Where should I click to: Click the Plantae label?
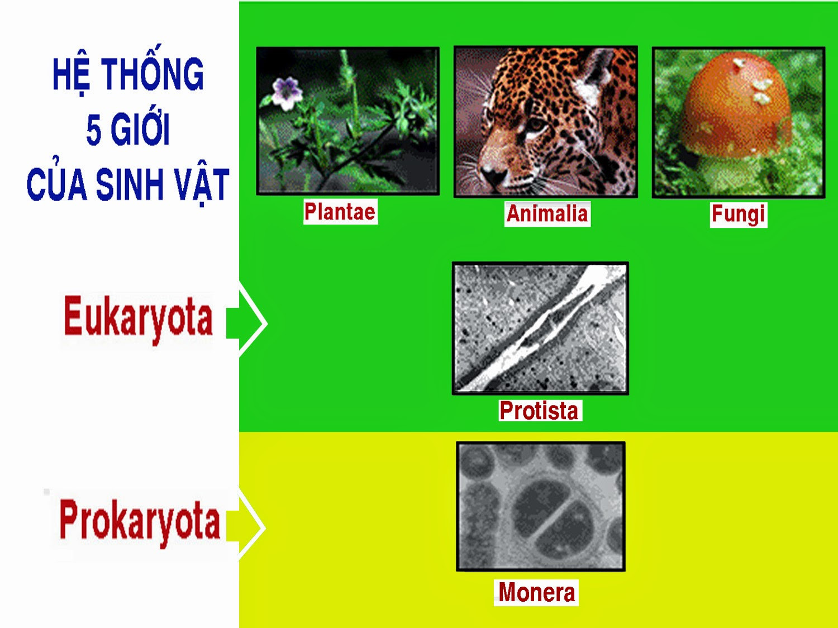coord(340,212)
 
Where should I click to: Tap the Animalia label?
coord(547,214)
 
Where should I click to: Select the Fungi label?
coord(739,215)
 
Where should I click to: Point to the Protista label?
coord(540,411)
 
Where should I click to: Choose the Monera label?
coord(536,592)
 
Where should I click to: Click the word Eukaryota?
coord(138,320)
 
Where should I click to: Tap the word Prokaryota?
coord(140,522)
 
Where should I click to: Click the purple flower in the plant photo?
coord(287,93)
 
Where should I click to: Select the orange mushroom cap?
coord(737,105)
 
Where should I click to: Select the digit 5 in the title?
coord(93,131)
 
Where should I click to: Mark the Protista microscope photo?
coord(540,328)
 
